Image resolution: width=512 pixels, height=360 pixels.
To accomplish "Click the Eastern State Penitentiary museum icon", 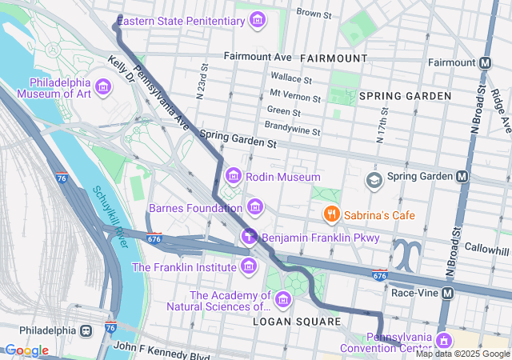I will click(257, 20).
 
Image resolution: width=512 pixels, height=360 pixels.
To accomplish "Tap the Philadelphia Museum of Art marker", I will click(103, 86).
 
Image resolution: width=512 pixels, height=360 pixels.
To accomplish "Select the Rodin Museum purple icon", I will click(233, 175).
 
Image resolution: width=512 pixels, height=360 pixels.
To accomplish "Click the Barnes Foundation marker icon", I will click(254, 208).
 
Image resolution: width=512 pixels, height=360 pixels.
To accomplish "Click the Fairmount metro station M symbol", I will click(486, 62).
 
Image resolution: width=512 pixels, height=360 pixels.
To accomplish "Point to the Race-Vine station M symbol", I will click(447, 293).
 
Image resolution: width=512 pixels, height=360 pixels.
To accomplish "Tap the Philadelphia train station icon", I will click(86, 330).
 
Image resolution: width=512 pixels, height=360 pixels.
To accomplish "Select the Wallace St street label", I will click(291, 78).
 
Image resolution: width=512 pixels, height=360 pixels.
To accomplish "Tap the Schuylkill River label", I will click(110, 215).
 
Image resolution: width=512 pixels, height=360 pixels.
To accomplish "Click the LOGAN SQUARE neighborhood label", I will click(298, 322).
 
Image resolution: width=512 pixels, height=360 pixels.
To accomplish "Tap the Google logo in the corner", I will click(26, 350).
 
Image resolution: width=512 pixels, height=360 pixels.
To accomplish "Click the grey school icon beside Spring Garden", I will click(373, 180).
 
